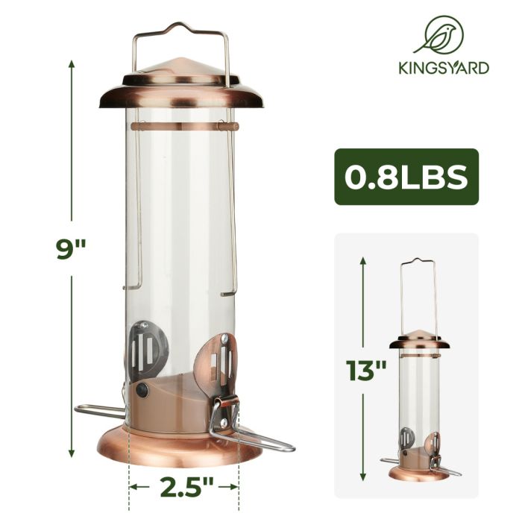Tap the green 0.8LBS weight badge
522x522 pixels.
click(406, 177)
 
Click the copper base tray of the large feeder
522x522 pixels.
click(181, 447)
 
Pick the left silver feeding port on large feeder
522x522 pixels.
click(148, 344)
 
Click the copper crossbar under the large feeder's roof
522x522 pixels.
click(181, 127)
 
